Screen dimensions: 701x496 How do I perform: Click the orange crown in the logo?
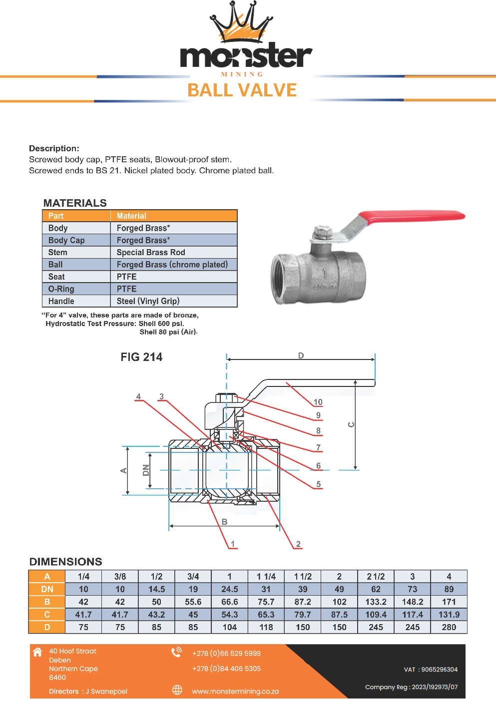[x=241, y=25]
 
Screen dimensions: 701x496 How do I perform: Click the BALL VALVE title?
[x=242, y=90]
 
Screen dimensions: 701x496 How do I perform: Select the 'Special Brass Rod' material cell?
[x=151, y=253]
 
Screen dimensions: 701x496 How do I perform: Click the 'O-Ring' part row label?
[x=61, y=289]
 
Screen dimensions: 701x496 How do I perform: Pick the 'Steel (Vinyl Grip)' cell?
[x=148, y=301]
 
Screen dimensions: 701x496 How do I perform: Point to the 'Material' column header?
[x=131, y=216]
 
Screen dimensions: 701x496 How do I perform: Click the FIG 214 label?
[x=141, y=357]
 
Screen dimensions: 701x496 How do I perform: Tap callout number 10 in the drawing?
[x=318, y=402]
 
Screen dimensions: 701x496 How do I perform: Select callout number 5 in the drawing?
[x=318, y=484]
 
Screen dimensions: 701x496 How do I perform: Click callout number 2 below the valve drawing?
[x=298, y=544]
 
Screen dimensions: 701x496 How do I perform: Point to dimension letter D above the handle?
[x=301, y=355]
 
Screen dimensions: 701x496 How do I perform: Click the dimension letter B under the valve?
[x=224, y=522]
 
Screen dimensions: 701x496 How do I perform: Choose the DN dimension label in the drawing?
[x=146, y=470]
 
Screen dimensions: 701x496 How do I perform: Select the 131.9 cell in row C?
[x=449, y=615]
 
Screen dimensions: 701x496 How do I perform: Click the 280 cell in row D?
[x=449, y=627]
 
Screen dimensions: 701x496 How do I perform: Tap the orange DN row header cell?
[x=47, y=589]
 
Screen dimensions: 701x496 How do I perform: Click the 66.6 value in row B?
[x=229, y=602]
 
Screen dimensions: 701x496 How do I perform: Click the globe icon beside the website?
[x=177, y=690]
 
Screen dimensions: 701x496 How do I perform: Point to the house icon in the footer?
[x=37, y=652]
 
